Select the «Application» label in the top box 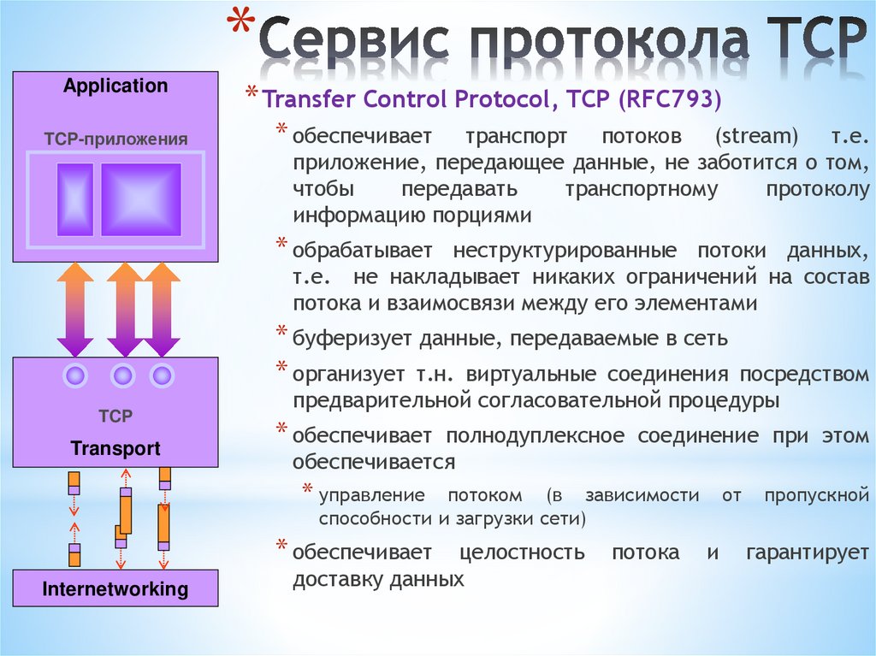point(115,86)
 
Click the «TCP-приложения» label point(115,139)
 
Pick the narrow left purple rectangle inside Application point(75,199)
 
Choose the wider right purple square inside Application point(141,199)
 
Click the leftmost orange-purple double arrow point(75,309)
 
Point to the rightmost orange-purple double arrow point(161,309)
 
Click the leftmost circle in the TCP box point(76,375)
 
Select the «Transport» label point(115,449)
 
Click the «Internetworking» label point(115,588)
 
